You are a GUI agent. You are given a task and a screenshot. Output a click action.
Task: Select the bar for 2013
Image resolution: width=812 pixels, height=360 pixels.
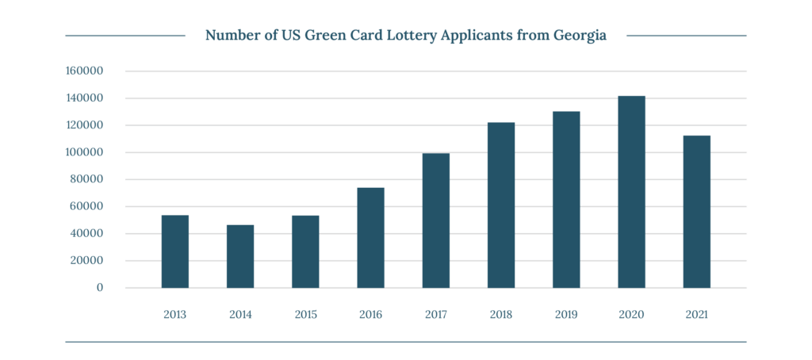[174, 251]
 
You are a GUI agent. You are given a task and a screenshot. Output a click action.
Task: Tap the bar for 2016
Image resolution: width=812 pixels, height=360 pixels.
[370, 238]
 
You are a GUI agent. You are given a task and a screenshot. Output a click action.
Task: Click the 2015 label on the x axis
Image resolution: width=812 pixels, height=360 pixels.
[305, 315]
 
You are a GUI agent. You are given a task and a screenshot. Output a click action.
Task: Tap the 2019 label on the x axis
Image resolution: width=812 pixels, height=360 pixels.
[566, 315]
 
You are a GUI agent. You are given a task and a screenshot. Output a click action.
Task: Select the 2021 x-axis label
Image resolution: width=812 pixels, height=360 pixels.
[696, 315]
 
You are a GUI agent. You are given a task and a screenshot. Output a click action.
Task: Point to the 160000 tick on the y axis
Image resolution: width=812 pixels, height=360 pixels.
[85, 71]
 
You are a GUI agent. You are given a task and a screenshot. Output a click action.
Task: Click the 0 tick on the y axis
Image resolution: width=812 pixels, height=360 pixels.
[100, 288]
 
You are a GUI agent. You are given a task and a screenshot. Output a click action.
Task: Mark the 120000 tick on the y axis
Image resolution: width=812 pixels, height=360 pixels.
[85, 125]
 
